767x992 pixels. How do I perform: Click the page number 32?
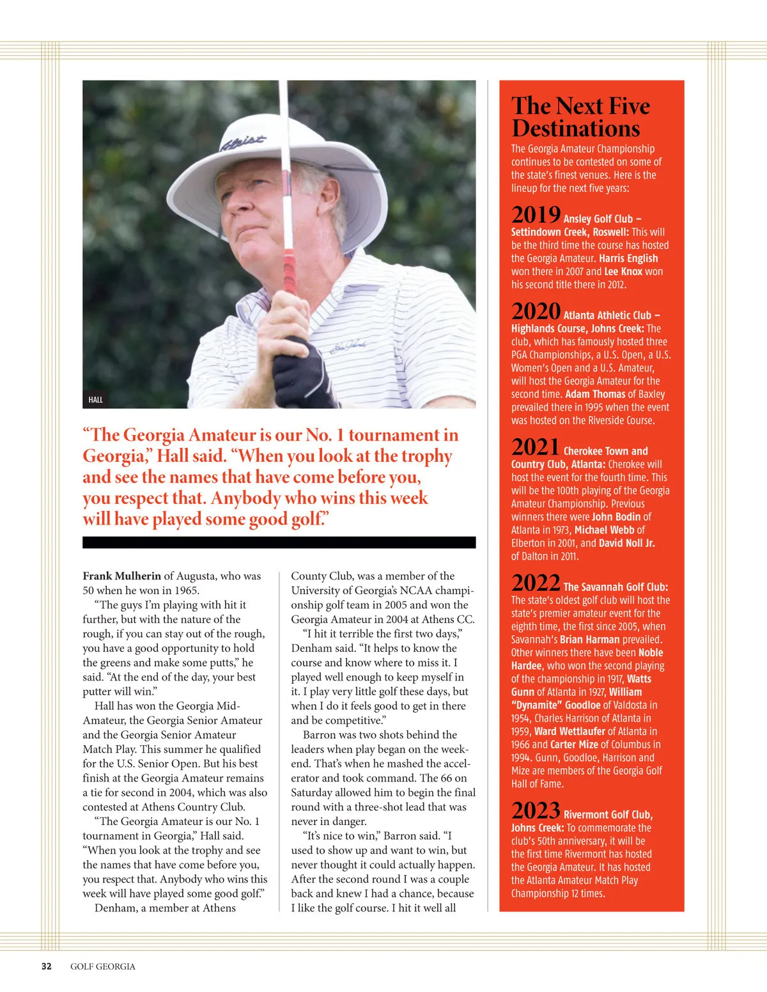coord(47,966)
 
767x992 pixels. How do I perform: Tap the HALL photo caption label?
coord(95,400)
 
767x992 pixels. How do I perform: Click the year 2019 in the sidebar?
coord(536,215)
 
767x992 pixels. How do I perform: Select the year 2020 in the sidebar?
coord(536,311)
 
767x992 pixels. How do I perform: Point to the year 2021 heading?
coord(535,447)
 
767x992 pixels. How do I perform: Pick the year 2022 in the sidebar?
coord(536,583)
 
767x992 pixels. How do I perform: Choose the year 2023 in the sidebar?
coord(536,811)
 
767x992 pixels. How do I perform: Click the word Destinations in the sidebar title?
coord(575,129)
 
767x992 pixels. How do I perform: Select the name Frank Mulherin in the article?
coord(121,576)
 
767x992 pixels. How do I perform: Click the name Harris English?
coord(628,258)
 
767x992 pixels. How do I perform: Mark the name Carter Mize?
coord(574,744)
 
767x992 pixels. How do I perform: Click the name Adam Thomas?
coord(594,394)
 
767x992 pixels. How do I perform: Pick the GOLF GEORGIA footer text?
coord(103,966)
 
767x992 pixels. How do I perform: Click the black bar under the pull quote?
coord(279,542)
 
